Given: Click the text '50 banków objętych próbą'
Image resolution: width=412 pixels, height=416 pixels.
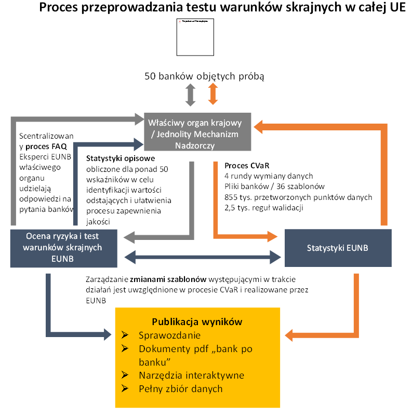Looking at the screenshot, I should pyautogui.click(x=204, y=76).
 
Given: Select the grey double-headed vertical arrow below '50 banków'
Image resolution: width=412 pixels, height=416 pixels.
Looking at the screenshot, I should pyautogui.click(x=190, y=95).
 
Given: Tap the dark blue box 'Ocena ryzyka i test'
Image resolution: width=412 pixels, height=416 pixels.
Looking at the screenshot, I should pyautogui.click(x=64, y=248).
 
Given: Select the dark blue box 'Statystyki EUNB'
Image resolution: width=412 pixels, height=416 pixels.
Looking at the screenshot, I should pyautogui.click(x=337, y=248).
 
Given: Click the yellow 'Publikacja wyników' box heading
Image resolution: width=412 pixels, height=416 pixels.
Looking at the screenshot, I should pyautogui.click(x=197, y=321).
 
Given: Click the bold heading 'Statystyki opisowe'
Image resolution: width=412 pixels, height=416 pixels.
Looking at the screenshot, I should pyautogui.click(x=121, y=158).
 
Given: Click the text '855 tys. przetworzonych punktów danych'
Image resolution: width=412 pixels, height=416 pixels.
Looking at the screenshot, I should pyautogui.click(x=298, y=197).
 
